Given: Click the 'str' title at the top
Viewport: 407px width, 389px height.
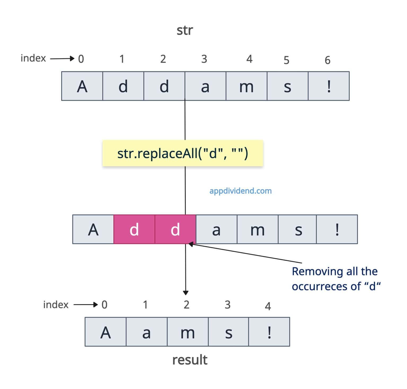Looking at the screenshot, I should [185, 31].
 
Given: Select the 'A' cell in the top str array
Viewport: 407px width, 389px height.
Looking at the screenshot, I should [82, 86].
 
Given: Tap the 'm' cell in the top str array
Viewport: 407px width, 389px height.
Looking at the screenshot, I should [246, 86].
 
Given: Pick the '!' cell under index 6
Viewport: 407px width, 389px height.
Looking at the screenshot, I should [329, 86].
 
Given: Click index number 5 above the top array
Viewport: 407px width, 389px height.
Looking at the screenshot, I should [286, 60].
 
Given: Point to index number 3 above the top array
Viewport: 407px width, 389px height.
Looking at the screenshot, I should [204, 59].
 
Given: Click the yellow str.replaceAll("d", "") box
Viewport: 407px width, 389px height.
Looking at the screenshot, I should [183, 153].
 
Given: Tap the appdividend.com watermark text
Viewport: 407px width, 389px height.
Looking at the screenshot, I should [240, 191].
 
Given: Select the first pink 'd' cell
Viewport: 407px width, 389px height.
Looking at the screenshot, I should [134, 229].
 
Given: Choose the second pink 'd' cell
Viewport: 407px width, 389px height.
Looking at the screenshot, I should [175, 229].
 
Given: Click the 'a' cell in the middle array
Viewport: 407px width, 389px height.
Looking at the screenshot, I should [216, 229].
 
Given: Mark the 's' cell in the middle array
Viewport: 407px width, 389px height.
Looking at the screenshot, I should [298, 229].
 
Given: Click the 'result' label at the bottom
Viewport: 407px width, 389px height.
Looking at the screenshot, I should [190, 360].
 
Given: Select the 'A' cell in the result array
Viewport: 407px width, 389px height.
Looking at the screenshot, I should [105, 332].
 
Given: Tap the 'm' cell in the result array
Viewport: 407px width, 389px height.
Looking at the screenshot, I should [188, 332].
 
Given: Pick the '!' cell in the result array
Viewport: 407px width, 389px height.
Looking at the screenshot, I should [269, 332].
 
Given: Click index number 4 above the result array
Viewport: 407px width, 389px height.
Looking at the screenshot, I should [268, 306].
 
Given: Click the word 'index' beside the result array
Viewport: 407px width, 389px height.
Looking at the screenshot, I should [56, 305].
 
